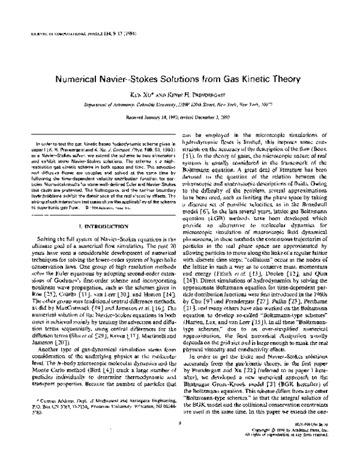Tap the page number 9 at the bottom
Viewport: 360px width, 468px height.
179,441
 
